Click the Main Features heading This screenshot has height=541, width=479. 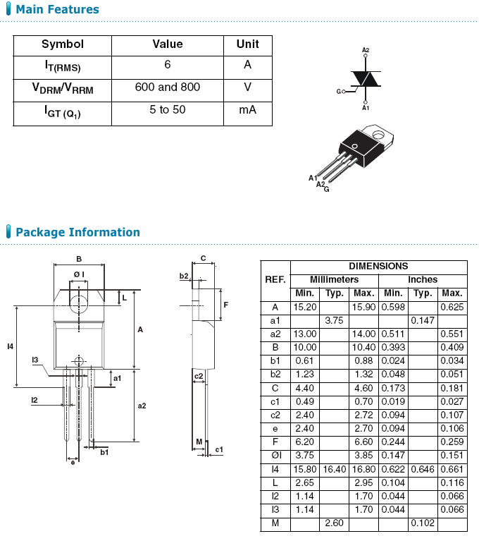click(57, 10)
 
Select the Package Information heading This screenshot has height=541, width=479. click(77, 232)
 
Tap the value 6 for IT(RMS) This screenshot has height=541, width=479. click(167, 65)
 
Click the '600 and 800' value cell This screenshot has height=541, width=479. click(167, 87)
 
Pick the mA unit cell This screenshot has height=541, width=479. click(247, 110)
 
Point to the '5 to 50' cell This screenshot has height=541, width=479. click(167, 110)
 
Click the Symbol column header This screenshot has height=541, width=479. click(62, 44)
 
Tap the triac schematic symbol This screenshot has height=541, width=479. click(366, 79)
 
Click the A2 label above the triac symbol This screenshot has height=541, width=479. click(366, 50)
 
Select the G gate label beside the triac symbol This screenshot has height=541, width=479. click(339, 92)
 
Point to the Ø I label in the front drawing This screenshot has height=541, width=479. click(79, 274)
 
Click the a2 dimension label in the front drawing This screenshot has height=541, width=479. click(142, 406)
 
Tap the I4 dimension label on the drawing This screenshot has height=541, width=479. click(10, 346)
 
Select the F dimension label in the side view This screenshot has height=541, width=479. click(225, 305)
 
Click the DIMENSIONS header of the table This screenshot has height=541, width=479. click(378, 267)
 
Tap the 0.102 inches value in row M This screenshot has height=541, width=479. click(423, 523)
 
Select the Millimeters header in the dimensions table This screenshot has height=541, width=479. click(334, 280)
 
